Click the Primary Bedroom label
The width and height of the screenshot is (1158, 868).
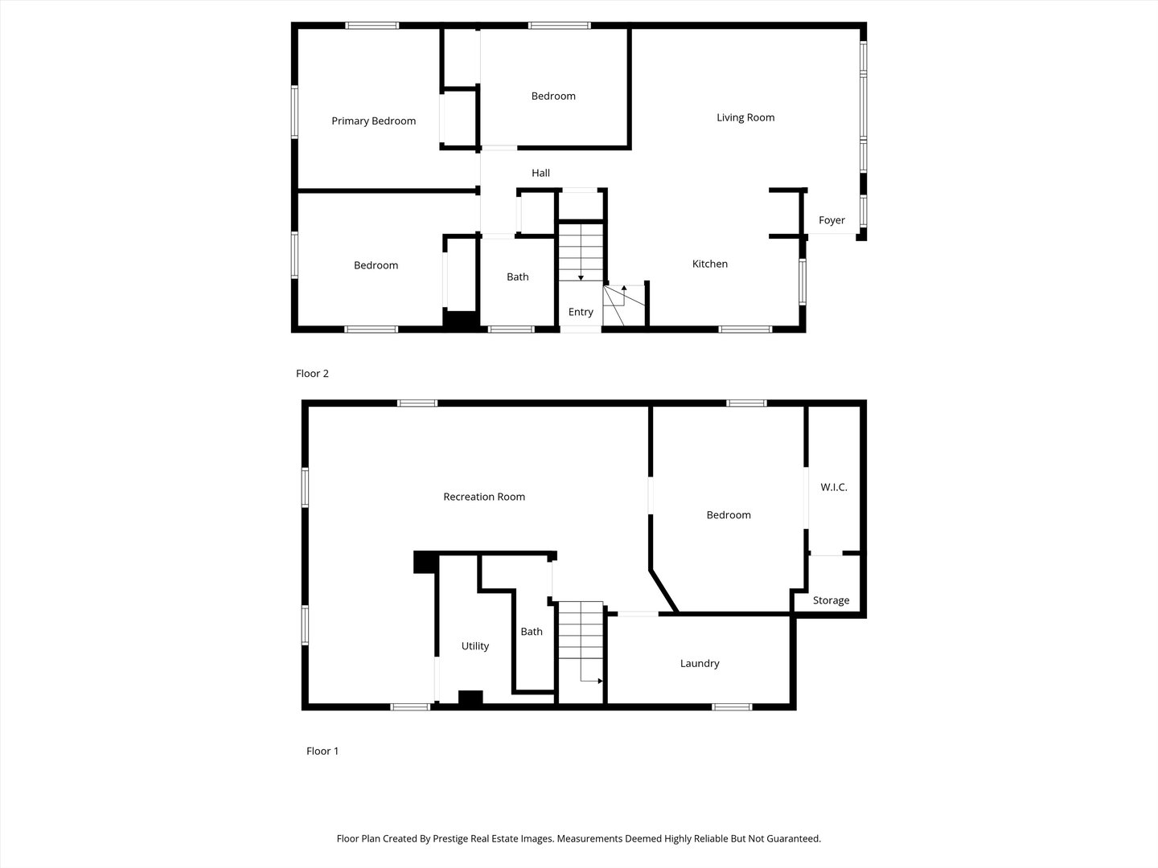pos(373,121)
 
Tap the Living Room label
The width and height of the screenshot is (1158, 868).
pos(745,117)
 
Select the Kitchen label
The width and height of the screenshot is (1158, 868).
pos(710,264)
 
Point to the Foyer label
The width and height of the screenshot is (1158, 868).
pos(832,220)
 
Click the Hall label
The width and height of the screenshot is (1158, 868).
pos(540,173)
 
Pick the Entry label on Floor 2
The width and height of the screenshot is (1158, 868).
pos(581,312)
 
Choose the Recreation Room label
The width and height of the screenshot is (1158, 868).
pos(484,497)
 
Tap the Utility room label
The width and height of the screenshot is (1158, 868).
pos(474,646)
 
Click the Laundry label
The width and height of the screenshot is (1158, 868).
pos(700,663)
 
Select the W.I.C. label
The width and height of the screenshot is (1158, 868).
pos(834,487)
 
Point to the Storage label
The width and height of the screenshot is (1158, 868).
pos(831,600)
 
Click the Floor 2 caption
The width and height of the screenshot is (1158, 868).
pos(312,374)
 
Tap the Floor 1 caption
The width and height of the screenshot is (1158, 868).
pos(322,751)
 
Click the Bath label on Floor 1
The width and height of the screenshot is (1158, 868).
pos(532,632)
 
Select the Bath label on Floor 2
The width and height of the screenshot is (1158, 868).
pos(518,277)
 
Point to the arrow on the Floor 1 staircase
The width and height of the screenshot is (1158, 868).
pos(598,681)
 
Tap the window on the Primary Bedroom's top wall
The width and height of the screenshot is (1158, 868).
pos(372,26)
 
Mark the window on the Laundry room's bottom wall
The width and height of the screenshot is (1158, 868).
pos(732,707)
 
